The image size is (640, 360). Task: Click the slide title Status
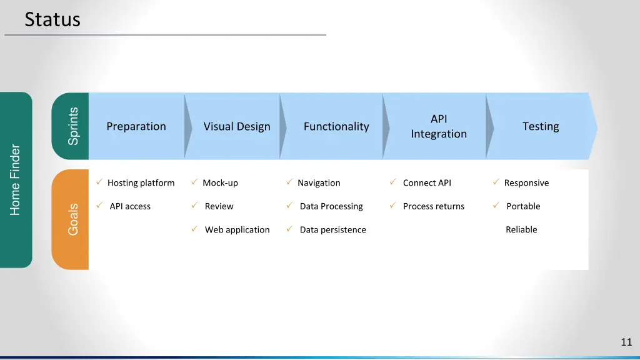tap(52, 19)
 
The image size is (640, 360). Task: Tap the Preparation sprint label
tap(136, 126)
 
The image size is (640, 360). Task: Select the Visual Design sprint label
tap(237, 126)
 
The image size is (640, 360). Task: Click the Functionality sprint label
tap(336, 126)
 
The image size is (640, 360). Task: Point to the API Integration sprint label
tap(439, 126)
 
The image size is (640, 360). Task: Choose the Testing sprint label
tap(541, 126)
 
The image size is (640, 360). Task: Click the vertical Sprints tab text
tap(73, 126)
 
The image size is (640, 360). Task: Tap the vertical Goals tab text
tap(73, 219)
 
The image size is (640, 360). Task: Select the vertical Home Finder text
tap(16, 180)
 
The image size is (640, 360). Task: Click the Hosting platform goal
tap(141, 183)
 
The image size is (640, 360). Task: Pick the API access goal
tap(130, 206)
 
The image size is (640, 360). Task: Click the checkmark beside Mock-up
tap(194, 182)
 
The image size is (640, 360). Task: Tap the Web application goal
tap(237, 230)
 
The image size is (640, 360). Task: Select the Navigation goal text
tap(319, 183)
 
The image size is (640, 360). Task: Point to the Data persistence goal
tap(332, 230)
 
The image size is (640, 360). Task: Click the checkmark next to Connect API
tap(392, 182)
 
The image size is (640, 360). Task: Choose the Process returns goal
tap(434, 206)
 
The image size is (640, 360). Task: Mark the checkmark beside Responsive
tap(495, 182)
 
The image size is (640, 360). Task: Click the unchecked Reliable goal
tap(521, 230)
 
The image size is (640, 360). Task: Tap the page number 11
tap(626, 342)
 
